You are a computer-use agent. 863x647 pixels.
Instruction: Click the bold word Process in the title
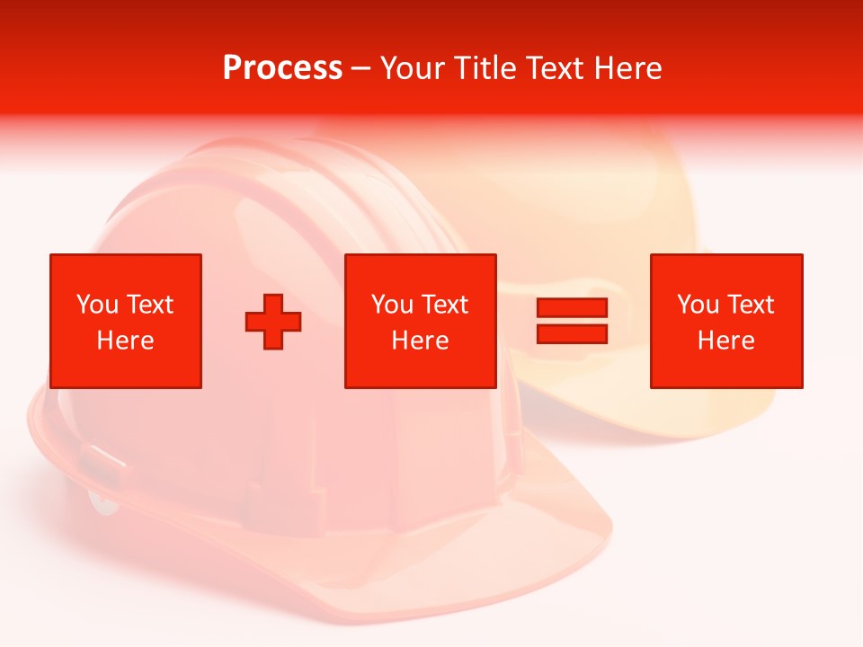pos(282,67)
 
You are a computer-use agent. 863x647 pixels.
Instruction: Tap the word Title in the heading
pos(485,67)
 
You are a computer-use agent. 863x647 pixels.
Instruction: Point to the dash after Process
pos(360,69)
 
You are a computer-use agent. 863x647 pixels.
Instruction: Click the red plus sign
pos(273,322)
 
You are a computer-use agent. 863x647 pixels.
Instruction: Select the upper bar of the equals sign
pos(572,307)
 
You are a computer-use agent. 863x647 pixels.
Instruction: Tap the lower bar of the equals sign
pos(572,334)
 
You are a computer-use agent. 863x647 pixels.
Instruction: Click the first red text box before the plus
pos(126,321)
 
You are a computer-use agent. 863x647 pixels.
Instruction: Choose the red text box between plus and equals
pos(420,321)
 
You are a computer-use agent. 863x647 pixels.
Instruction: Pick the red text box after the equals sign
pos(725,321)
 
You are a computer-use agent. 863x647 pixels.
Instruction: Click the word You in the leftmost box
pos(97,305)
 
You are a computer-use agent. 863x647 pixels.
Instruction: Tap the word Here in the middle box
pos(420,341)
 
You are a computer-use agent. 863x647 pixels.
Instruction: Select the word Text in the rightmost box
pos(751,305)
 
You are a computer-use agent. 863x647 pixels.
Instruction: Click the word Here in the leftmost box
pos(126,341)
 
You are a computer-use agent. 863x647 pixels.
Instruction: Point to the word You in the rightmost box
pos(698,305)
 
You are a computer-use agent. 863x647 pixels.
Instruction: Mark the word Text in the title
pos(555,67)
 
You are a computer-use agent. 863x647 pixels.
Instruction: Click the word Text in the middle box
pos(445,305)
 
